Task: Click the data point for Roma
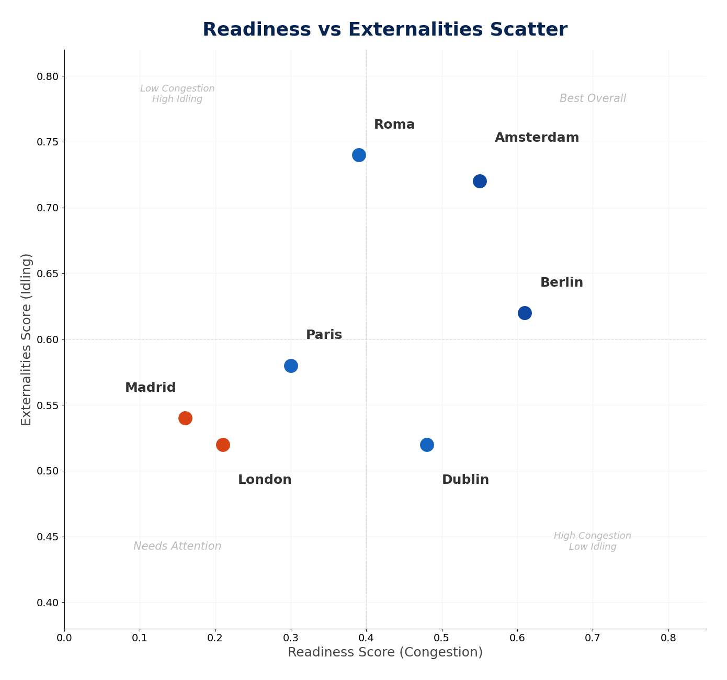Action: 359,155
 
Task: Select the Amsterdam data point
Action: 480,181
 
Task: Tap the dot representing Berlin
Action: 525,313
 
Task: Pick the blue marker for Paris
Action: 291,366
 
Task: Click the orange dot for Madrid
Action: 185,418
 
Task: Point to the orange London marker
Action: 223,445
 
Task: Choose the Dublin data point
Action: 427,445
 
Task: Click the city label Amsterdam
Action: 537,138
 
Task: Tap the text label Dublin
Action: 465,480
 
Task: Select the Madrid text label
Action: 150,388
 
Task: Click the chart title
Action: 385,30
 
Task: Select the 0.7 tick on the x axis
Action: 593,638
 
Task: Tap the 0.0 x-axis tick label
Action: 64,638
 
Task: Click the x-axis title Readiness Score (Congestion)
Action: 385,653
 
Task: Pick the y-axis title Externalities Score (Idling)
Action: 27,339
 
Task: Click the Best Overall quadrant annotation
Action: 593,99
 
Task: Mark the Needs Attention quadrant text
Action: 177,547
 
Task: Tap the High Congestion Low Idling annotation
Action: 593,541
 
